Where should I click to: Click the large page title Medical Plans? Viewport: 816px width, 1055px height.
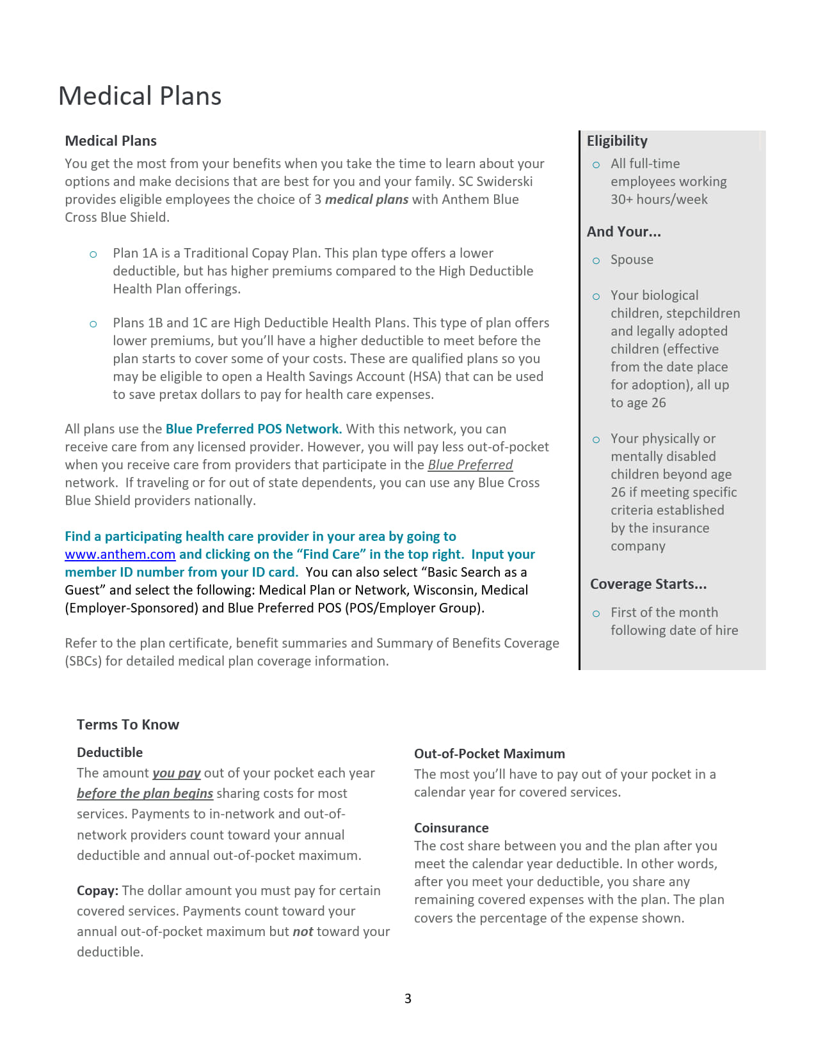[x=140, y=96]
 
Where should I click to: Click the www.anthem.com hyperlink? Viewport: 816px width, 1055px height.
[x=120, y=554]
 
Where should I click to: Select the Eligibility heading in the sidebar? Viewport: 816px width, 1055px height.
[x=617, y=141]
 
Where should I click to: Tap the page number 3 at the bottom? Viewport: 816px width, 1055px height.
[x=408, y=999]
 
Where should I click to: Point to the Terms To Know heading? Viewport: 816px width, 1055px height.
[x=128, y=724]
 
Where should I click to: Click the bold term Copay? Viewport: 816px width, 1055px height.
[x=97, y=891]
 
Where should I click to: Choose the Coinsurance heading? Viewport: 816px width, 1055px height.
[x=451, y=828]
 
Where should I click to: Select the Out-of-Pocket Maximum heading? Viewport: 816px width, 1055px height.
[x=490, y=754]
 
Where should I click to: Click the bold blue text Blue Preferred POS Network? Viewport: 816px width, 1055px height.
[x=253, y=429]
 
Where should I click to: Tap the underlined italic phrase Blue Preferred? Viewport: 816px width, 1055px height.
[x=470, y=465]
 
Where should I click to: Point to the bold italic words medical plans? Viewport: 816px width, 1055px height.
[x=367, y=199]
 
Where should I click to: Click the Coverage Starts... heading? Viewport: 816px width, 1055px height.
[x=648, y=584]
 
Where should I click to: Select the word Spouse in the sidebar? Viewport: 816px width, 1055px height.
[x=632, y=260]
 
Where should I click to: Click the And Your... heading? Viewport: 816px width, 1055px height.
[x=624, y=231]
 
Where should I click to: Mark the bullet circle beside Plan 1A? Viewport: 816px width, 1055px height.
[x=93, y=254]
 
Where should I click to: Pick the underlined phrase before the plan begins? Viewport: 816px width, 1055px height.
[x=145, y=793]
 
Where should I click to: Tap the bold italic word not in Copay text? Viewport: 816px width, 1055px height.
[x=303, y=932]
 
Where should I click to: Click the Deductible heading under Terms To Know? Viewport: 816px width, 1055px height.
[x=109, y=753]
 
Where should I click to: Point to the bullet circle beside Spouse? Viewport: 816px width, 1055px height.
[x=596, y=261]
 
